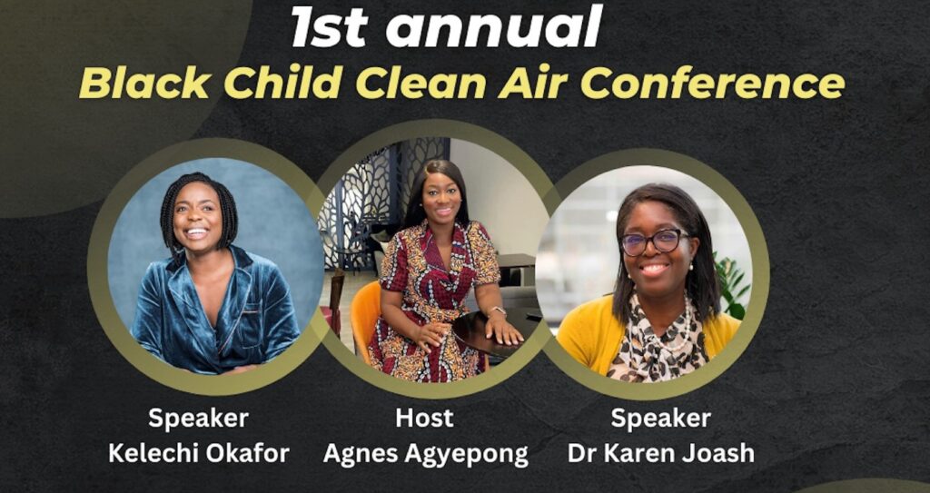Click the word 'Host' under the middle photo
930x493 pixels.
point(424,419)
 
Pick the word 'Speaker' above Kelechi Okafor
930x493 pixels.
point(198,419)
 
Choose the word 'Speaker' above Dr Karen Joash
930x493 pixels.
point(660,419)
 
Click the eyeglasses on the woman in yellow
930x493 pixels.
point(652,242)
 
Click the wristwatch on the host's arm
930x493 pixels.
point(497,311)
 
